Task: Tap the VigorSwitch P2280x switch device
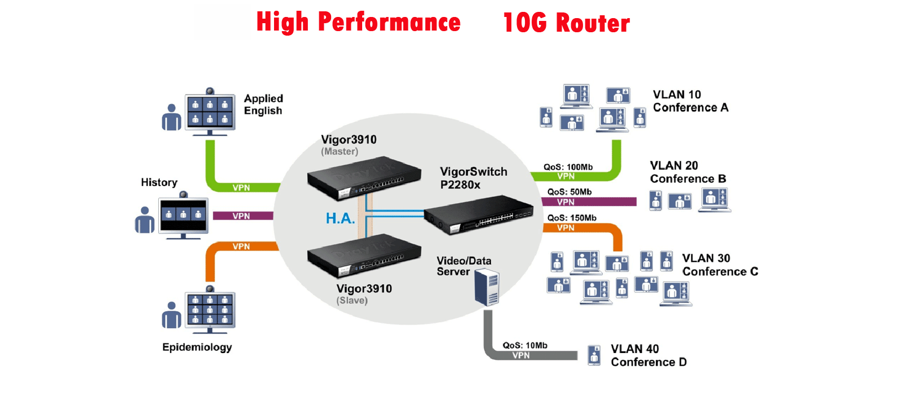point(479,214)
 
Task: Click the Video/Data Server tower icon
point(486,287)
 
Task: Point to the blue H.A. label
point(340,218)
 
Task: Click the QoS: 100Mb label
point(568,167)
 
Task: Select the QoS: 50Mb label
point(569,192)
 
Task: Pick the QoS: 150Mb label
point(571,218)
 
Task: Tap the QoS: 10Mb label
point(525,345)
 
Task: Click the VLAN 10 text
point(677,94)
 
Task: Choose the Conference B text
point(688,179)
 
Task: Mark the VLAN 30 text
point(706,258)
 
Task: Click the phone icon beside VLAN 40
point(594,355)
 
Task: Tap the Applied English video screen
point(210,112)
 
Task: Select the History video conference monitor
point(183,216)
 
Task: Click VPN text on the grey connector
point(521,355)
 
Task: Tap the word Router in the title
point(593,23)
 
